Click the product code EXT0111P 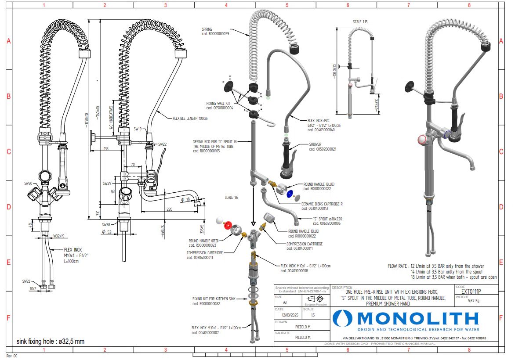coord(471,292)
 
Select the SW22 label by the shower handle coord(162,144)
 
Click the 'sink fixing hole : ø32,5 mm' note coord(51,341)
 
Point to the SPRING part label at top coord(207,29)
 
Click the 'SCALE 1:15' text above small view coord(360,22)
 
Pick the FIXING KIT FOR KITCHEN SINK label coord(214,299)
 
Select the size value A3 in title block coord(285,302)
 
